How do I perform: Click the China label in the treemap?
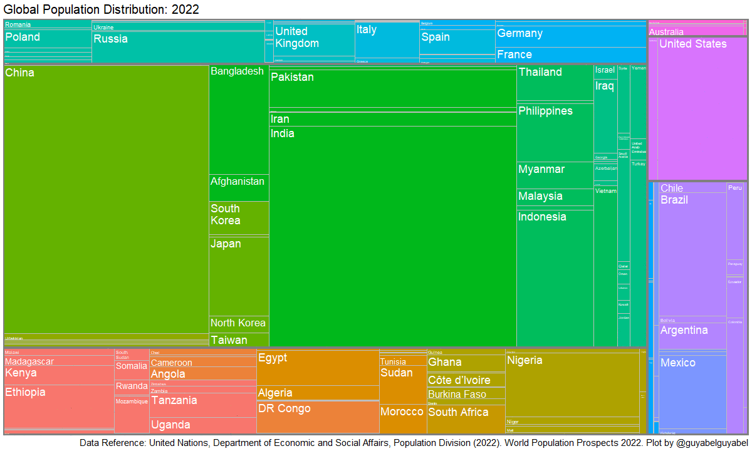[20, 73]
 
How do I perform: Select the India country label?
[283, 133]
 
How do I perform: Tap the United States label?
[692, 44]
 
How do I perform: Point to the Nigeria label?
[525, 360]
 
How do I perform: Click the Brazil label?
[674, 200]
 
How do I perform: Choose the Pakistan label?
[292, 77]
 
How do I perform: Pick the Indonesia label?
[542, 217]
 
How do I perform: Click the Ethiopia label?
[26, 392]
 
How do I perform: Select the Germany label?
[520, 33]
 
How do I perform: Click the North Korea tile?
[239, 324]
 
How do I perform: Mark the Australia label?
[666, 32]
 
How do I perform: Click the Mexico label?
[677, 363]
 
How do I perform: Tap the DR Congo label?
[285, 408]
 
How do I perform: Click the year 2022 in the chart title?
[186, 9]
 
